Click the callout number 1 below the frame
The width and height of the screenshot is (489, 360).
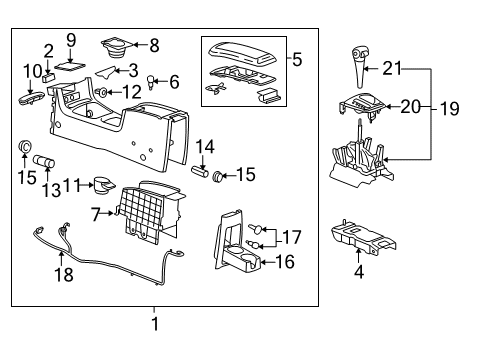coord(154,323)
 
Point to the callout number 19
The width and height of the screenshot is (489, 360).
coord(453,104)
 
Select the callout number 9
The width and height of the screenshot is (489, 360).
coord(71,39)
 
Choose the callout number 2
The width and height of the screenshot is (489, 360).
coord(48,51)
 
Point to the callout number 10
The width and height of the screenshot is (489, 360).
coord(32,71)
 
